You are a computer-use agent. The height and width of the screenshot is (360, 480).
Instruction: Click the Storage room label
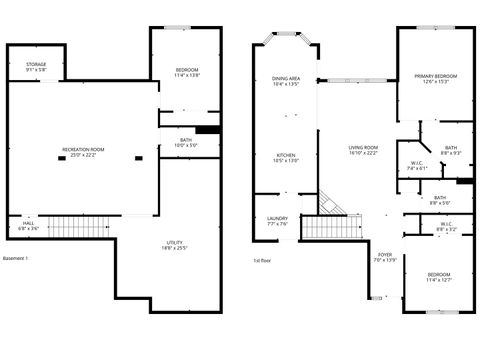pos(35,67)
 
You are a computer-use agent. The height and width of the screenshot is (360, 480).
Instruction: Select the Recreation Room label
pos(83,152)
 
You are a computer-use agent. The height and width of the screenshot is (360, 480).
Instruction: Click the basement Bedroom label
pos(187,71)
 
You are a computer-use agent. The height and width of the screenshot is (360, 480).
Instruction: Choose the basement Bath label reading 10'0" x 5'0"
pos(186,143)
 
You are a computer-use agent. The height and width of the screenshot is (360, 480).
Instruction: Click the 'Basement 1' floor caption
pos(16,259)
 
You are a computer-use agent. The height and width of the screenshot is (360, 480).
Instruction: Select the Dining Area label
pos(286,81)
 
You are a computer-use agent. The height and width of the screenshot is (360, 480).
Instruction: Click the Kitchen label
pos(286,157)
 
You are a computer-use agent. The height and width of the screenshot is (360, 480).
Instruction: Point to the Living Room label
pos(351,150)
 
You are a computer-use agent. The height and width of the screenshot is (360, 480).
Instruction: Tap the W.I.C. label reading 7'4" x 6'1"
pos(417,166)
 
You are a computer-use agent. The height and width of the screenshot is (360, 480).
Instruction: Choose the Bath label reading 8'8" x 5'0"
pos(440,199)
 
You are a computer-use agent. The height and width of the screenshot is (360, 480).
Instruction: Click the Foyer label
pos(384,257)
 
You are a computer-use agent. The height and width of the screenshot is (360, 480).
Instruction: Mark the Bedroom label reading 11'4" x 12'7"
pos(439,277)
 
